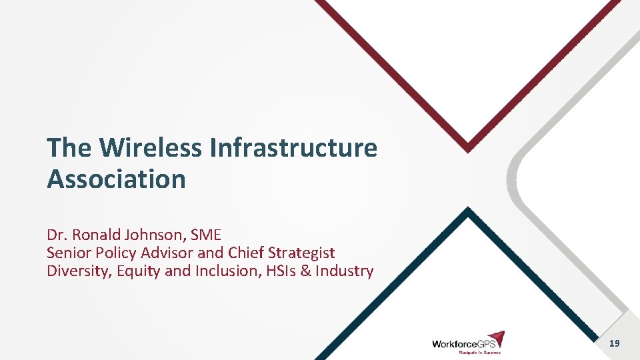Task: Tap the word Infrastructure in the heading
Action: point(293,148)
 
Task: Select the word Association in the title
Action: point(116,179)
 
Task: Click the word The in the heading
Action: point(69,148)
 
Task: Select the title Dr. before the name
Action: point(57,235)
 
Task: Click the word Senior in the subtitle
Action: point(68,253)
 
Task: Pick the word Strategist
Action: point(301,253)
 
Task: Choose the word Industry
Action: point(344,271)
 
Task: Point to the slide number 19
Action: point(614,343)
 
